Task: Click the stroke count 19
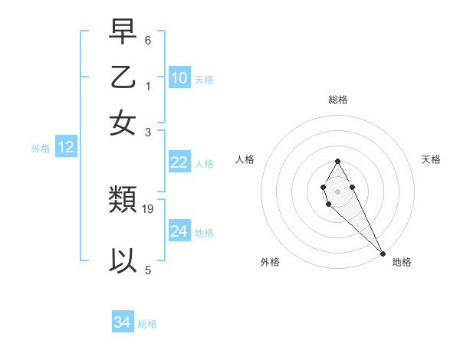coord(149,208)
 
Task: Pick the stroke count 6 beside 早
coord(148,40)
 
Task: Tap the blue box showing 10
coord(179,78)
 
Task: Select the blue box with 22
coord(179,162)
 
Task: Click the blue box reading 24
coord(179,231)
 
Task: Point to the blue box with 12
coord(66,147)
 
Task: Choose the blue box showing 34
coord(122,322)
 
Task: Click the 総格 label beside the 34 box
coord(147,324)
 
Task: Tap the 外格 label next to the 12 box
coord(41,149)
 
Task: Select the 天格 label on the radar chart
coord(431,159)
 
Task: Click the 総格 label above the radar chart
coord(337,100)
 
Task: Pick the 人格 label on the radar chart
coord(245,159)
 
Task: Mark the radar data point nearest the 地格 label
coord(383,254)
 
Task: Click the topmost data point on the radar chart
coord(337,161)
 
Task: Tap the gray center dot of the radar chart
coord(337,191)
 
